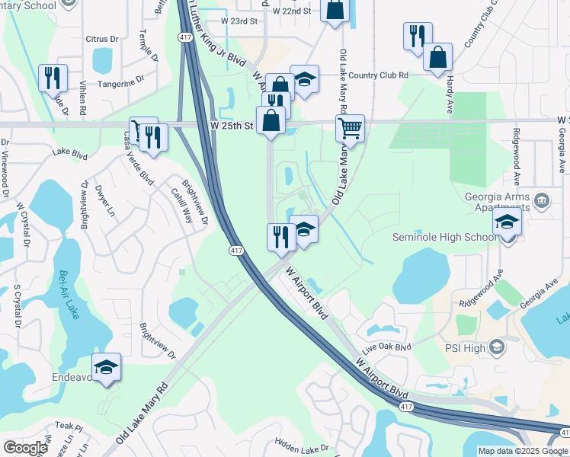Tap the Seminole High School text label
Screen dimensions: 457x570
point(444,237)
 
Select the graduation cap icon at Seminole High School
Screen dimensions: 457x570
point(507,223)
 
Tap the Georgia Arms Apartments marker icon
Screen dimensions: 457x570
point(542,201)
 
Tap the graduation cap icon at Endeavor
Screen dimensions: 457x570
point(107,366)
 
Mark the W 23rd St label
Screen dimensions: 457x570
point(239,21)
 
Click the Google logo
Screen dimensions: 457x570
point(25,448)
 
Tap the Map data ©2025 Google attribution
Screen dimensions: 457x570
point(523,451)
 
